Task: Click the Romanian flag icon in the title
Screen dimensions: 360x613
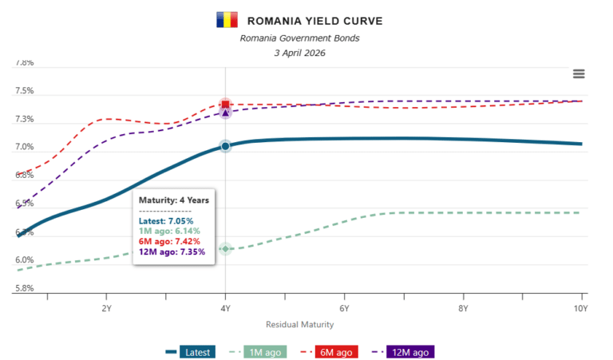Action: pos(227,20)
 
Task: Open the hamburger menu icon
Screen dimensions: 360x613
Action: pos(579,74)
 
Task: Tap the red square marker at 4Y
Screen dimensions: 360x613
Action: pos(225,105)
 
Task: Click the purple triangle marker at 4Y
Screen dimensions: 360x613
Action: pos(225,113)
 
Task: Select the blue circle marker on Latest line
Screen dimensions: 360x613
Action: pos(225,146)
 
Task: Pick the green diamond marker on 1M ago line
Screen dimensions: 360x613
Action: pos(225,249)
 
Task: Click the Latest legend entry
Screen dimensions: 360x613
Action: pos(190,351)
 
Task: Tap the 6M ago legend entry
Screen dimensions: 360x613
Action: pos(327,351)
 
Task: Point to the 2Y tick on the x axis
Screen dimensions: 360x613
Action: pos(106,307)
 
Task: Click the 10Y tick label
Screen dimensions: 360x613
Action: pos(580,307)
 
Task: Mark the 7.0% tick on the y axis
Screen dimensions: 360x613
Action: pos(24,148)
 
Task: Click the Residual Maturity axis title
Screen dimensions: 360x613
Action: pos(299,325)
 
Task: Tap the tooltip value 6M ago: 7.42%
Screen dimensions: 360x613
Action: pos(170,241)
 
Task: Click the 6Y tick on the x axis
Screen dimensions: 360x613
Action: pos(344,307)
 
